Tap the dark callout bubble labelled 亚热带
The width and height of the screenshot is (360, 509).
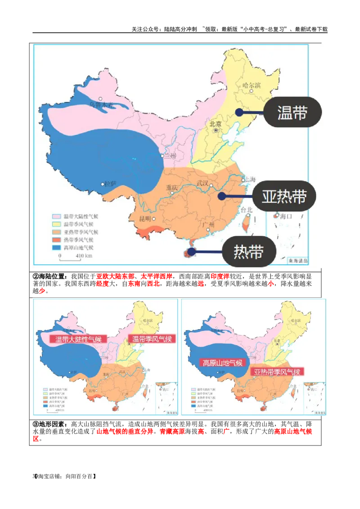click(x=284, y=196)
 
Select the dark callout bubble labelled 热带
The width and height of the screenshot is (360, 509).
click(x=248, y=252)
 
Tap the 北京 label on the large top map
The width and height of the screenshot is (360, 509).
click(x=216, y=124)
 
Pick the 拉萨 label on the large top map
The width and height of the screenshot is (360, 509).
click(x=110, y=183)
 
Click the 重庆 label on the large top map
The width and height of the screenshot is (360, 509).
click(x=172, y=188)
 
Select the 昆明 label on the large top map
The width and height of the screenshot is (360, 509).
click(x=148, y=219)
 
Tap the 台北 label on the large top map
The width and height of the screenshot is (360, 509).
click(x=247, y=210)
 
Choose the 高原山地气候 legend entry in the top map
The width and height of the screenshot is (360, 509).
click(x=76, y=248)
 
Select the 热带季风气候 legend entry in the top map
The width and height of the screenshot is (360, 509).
click(x=76, y=240)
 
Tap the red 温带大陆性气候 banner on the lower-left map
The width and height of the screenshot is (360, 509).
click(x=78, y=339)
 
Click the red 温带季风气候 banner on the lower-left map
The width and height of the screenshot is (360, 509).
click(x=152, y=339)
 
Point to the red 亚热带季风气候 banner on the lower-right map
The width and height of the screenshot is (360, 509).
click(x=276, y=372)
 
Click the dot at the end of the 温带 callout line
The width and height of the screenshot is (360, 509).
click(x=239, y=112)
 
